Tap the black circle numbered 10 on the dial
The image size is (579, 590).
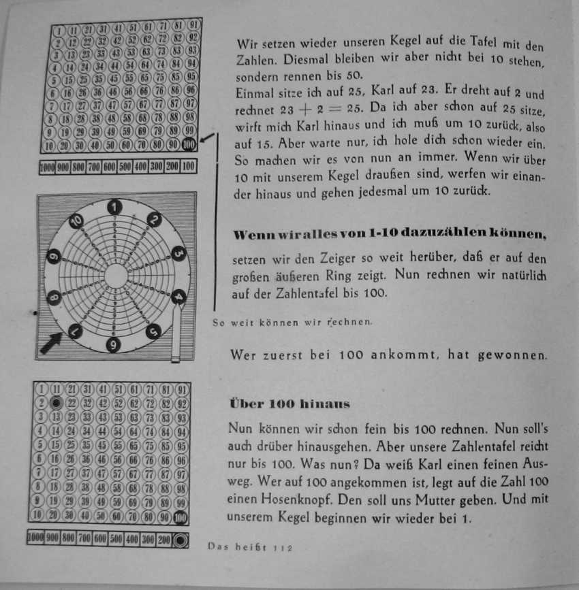pos(76,221)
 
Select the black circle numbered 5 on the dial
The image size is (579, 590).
pos(153,331)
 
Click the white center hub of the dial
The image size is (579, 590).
pos(116,275)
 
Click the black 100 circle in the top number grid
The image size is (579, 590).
pos(189,145)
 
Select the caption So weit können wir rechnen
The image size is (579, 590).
pos(293,323)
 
